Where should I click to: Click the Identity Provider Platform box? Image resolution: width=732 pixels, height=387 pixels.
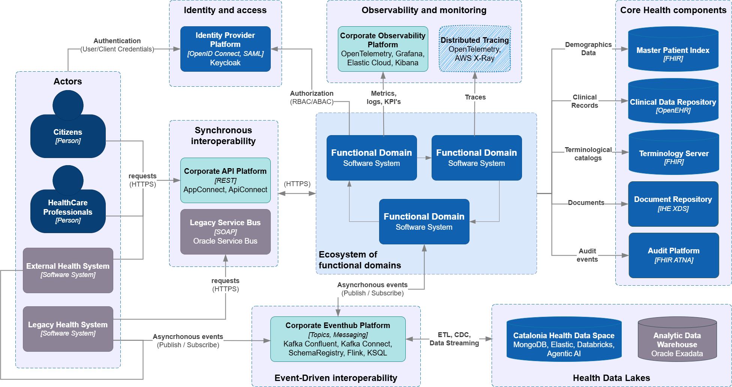coord(225,49)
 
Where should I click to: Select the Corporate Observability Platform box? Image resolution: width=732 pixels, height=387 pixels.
coord(382,49)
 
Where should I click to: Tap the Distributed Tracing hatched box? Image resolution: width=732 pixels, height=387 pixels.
coord(474,49)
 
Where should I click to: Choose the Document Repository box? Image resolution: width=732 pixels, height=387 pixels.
coord(673,204)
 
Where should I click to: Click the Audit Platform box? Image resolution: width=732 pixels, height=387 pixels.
coord(673,255)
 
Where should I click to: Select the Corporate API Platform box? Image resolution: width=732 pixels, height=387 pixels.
coord(225,180)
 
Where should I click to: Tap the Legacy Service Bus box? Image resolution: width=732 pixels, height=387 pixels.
coord(225,232)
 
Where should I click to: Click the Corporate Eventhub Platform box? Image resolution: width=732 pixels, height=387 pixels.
coord(337,339)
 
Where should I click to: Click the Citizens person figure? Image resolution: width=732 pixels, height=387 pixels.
coord(68,128)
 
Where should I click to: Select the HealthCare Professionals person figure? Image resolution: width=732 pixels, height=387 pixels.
coord(68,203)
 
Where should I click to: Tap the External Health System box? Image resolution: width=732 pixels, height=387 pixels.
coord(68,270)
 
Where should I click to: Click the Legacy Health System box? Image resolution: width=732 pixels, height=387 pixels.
coord(68,329)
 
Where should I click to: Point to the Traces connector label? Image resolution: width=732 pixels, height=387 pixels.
coord(475,97)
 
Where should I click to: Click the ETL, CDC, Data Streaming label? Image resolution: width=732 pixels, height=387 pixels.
coord(454,339)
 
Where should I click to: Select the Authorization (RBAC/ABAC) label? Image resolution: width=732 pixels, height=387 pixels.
coord(312,98)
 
